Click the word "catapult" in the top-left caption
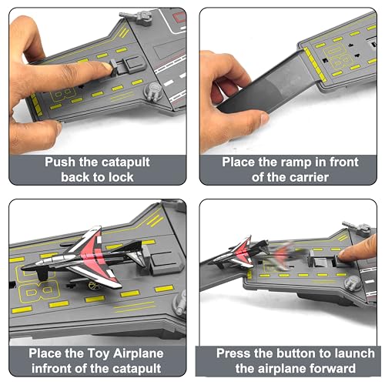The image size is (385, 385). tap(126, 162)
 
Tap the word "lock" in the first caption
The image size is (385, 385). tap(121, 177)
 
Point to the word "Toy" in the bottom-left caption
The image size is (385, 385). tap(99, 354)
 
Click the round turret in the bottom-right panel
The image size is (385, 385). tap(353, 283)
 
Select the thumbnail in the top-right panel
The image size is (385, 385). tap(265, 118)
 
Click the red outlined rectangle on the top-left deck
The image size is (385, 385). tap(179, 17)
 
